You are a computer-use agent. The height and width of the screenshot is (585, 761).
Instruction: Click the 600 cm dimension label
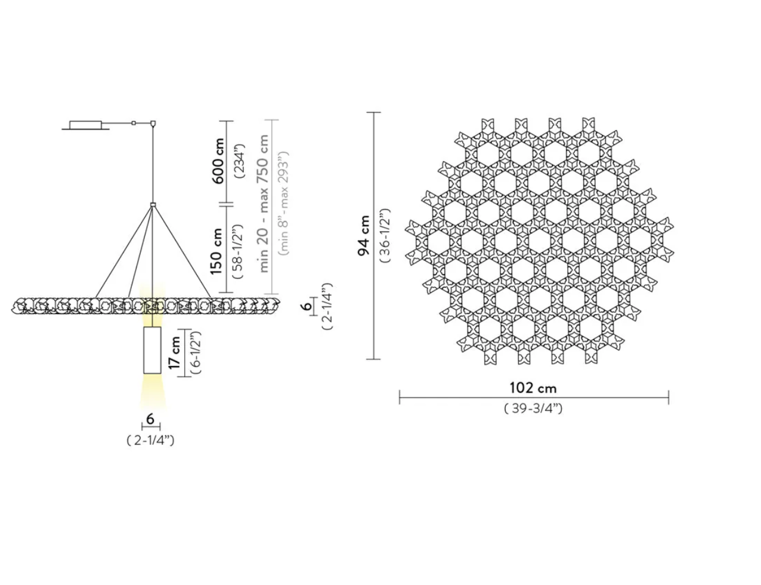tap(218, 161)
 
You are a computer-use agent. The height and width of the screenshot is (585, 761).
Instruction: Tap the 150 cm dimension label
tap(217, 251)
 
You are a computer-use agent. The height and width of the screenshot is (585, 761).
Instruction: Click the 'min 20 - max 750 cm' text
tap(262, 203)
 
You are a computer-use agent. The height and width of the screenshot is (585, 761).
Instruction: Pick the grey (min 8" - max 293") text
tap(283, 203)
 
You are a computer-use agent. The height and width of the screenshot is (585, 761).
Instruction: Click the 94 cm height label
tap(363, 236)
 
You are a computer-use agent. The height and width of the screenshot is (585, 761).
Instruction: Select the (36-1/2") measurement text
tap(385, 236)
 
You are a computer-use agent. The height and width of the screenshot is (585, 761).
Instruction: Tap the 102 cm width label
tap(533, 388)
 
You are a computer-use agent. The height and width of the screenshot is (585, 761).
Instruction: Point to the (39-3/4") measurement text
tap(533, 408)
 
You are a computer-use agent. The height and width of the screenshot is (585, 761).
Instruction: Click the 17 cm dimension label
tap(174, 353)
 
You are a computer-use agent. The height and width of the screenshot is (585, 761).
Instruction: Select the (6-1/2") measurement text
tap(196, 353)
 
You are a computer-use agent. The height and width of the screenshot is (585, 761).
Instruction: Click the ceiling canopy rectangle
tap(86, 125)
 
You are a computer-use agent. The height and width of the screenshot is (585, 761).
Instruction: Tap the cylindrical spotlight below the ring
tap(152, 350)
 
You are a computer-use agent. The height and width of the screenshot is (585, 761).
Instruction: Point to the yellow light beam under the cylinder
tap(152, 392)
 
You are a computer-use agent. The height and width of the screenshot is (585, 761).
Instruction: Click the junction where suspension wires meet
tap(153, 205)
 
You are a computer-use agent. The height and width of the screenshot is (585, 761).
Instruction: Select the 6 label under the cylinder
tap(150, 419)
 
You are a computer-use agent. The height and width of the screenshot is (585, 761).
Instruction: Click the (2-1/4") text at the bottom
tap(150, 441)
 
